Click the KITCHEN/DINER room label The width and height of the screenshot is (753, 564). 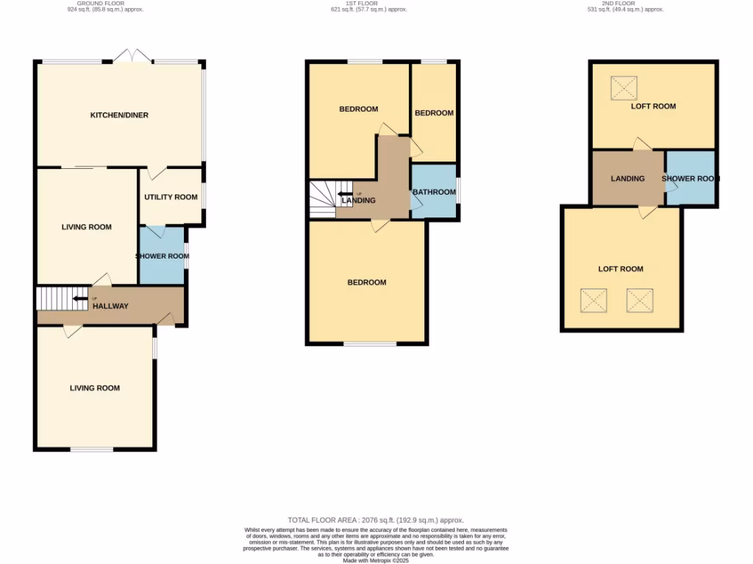coord(119,115)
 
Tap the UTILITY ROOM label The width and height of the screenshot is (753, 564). coord(171,197)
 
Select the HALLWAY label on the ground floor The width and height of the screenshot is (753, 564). coord(110,306)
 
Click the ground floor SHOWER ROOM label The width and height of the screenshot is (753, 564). coord(162,256)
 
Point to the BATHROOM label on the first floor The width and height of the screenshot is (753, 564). coord(434,192)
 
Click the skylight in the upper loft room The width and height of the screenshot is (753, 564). coord(624,89)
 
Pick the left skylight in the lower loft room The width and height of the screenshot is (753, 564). coord(593,300)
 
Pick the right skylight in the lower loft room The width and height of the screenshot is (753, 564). coord(640,300)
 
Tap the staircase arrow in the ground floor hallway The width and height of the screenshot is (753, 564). coord(80,298)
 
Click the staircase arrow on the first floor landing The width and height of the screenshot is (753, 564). coord(345,194)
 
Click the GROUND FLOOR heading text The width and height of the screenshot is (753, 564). coord(100,3)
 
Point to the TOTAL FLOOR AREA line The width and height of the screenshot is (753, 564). coord(376,520)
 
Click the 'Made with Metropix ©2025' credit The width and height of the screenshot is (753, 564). coord(376,560)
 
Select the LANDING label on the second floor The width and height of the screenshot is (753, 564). coord(628,178)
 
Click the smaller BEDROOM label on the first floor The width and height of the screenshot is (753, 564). coord(434,113)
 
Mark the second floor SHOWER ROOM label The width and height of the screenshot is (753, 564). coord(690,178)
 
